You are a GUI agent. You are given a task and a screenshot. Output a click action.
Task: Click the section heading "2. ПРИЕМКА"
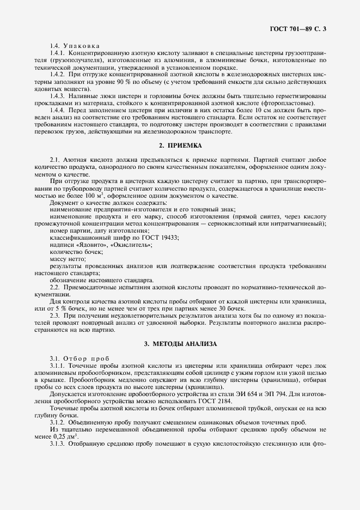180,145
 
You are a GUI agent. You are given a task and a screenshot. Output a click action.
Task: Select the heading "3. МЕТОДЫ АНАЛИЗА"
180,344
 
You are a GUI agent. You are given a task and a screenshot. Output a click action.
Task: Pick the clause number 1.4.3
58,95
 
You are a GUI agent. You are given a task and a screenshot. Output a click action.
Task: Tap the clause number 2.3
54,315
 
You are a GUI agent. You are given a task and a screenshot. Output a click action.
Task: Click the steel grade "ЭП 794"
265,393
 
